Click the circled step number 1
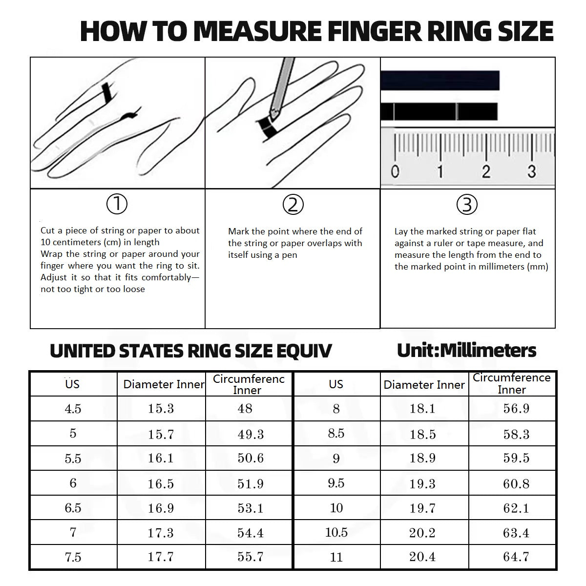(x=117, y=204)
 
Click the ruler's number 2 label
(x=486, y=171)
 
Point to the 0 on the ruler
(x=395, y=171)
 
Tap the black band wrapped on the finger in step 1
(x=106, y=92)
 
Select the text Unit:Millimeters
(x=466, y=350)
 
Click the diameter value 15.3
(x=161, y=408)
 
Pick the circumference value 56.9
(x=516, y=408)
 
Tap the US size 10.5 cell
(x=336, y=532)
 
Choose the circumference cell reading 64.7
(x=516, y=557)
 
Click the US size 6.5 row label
(x=73, y=508)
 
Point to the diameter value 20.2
(x=422, y=532)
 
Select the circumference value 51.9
(x=251, y=483)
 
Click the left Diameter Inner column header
(x=164, y=384)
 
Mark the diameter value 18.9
(x=422, y=458)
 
